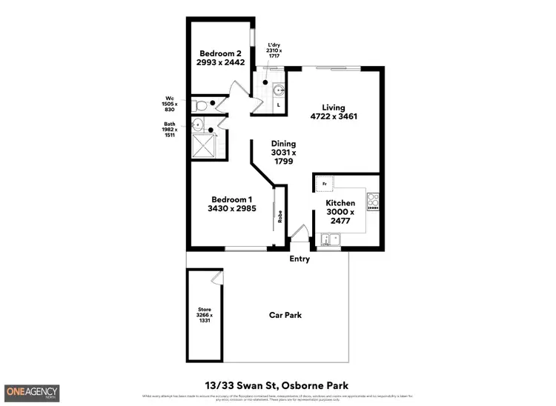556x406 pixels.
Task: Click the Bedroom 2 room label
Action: [220, 53]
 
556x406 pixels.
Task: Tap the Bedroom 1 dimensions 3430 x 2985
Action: [233, 209]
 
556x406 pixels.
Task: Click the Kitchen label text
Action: [341, 202]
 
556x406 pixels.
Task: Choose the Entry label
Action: [299, 259]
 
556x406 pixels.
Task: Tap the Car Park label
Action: [285, 316]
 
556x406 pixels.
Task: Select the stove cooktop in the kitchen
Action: [373, 201]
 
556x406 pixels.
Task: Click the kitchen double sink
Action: [329, 239]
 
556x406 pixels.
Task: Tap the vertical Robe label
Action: [279, 216]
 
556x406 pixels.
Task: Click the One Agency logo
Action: [32, 392]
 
